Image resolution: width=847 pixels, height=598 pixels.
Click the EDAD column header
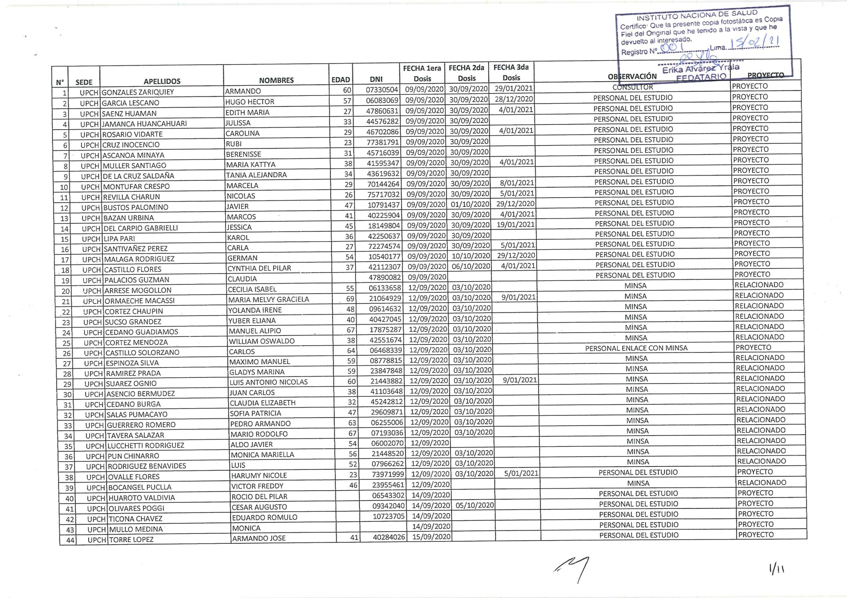(340, 80)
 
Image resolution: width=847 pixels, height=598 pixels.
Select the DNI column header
(376, 79)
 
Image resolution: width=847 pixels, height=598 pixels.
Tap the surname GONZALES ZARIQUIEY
(138, 92)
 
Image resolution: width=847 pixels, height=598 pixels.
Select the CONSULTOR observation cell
(633, 87)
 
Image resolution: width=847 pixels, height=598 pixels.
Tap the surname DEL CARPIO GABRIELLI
(141, 228)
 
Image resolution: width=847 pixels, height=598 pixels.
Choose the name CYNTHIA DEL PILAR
(259, 268)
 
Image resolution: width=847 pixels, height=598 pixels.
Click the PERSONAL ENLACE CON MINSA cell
(636, 348)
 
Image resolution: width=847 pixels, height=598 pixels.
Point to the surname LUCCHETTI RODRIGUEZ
(146, 445)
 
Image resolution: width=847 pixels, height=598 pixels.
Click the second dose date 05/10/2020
(475, 505)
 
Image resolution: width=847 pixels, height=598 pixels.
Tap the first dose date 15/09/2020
(431, 537)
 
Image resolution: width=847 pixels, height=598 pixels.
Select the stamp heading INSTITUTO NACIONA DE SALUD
(697, 16)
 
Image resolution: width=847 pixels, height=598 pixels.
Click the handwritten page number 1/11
(777, 570)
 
